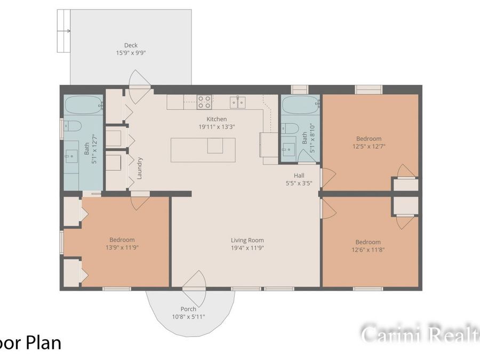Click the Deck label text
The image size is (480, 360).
131,45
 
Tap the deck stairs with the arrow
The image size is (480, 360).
64,30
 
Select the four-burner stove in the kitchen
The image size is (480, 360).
204,102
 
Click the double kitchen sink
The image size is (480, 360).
238,102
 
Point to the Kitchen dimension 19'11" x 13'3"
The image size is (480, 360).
217,127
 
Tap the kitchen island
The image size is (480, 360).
203,150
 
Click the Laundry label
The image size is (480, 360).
140,167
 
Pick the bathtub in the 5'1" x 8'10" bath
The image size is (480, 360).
300,105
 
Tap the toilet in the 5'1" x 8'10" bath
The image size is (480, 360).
290,128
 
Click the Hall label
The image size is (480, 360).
299,175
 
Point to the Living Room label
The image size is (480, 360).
247,241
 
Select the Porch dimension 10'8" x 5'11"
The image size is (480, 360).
188,316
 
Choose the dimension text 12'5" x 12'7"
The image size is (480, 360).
369,146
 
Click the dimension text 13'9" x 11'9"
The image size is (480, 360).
122,247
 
